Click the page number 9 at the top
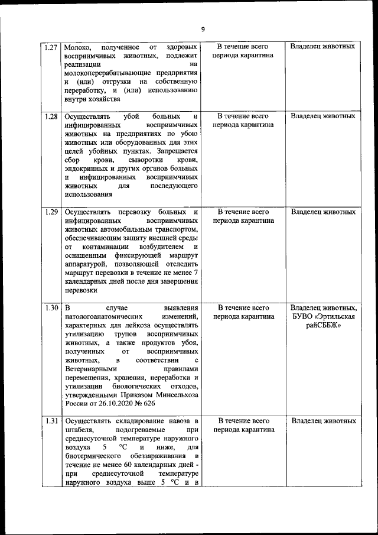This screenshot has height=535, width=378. click(203, 29)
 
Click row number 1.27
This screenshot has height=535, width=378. click(51, 46)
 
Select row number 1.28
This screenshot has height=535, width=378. click(51, 116)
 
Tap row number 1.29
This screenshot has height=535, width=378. click(51, 212)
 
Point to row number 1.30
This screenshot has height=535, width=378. click(51, 308)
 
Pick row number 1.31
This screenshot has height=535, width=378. click(51, 421)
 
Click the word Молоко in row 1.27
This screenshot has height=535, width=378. click(77, 46)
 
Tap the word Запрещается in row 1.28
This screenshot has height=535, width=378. click(176, 151)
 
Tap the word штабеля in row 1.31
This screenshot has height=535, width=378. click(79, 431)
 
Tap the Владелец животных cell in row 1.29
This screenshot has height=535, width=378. click(323, 212)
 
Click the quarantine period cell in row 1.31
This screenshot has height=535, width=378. click(243, 426)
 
